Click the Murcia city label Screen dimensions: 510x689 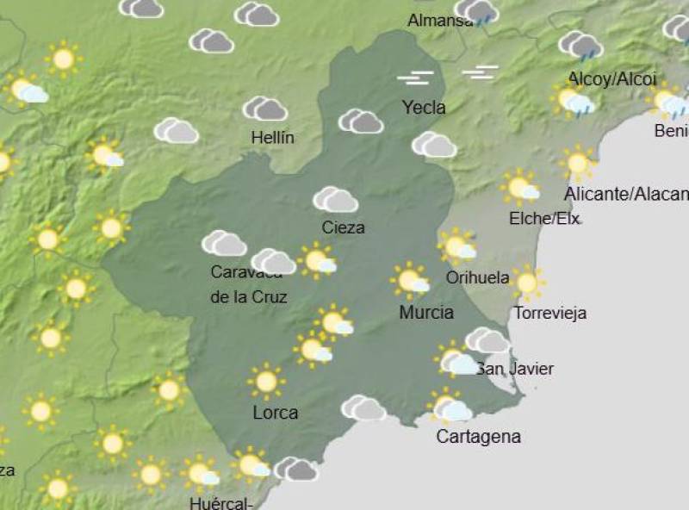coord(426,312)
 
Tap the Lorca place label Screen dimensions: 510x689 coord(276,413)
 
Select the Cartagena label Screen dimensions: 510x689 coord(478,436)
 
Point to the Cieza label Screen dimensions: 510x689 coord(343,227)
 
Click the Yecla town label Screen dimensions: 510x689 coord(424,108)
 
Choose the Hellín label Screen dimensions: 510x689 coord(273,137)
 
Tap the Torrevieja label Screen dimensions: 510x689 coord(549,313)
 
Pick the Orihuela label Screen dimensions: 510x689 coord(477,277)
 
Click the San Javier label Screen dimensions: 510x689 coord(515,369)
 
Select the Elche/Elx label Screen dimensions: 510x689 coord(543,218)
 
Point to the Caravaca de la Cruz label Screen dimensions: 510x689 coord(248,285)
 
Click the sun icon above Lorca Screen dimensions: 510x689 coord(266,381)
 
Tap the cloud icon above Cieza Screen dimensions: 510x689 coord(335,200)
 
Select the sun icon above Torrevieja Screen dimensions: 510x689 coord(526,282)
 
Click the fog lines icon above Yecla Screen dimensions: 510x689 coord(415,78)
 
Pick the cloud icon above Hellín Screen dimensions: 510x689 coord(264,109)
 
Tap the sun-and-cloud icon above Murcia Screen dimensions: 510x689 coord(411,281)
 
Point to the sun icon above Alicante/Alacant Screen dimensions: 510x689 coord(577,163)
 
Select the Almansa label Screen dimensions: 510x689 coord(440,20)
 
